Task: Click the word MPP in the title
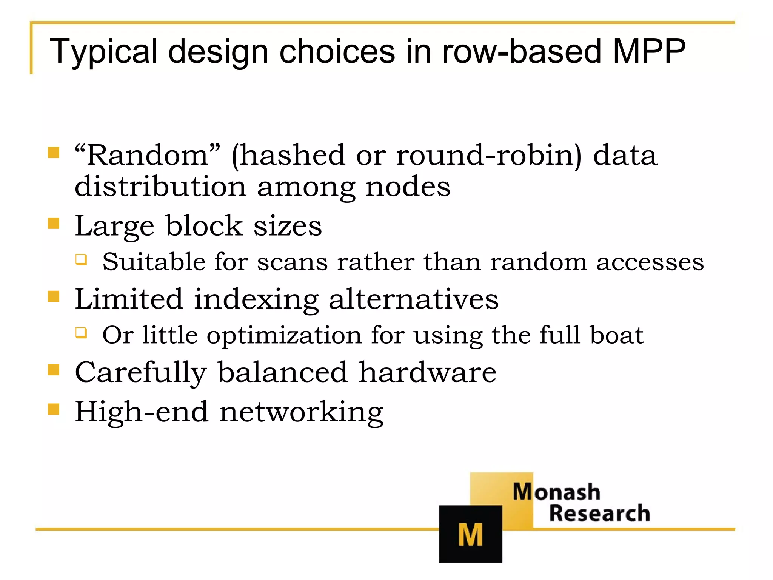(x=648, y=51)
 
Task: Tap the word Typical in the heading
(x=103, y=52)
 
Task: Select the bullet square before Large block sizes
(x=54, y=223)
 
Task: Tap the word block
(x=204, y=226)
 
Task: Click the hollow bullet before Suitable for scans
(x=81, y=259)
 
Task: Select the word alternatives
(x=413, y=299)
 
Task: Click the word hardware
(x=427, y=372)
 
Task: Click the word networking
(x=301, y=412)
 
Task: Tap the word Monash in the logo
(x=556, y=492)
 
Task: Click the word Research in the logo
(x=599, y=513)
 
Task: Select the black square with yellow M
(x=470, y=534)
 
